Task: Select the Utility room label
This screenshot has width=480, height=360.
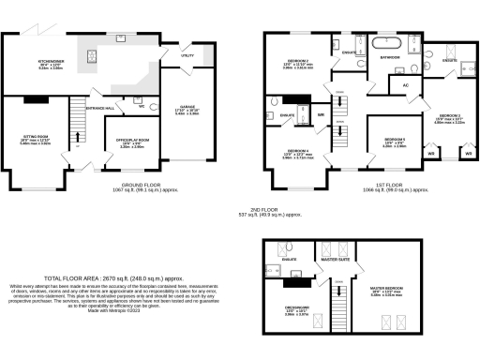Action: coord(187,55)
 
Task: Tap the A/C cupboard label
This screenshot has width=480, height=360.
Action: coord(405,84)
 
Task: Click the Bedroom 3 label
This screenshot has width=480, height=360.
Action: coord(448,117)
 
